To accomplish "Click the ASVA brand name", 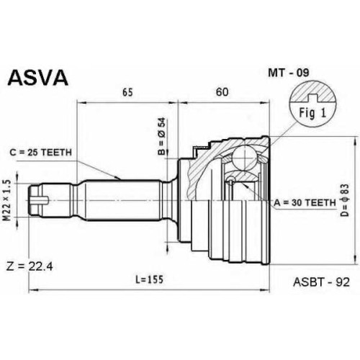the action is (x=38, y=78).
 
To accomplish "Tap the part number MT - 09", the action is (x=289, y=73).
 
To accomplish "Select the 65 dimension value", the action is (x=127, y=92).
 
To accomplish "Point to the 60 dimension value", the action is (x=222, y=92).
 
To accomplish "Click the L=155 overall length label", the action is (x=149, y=279).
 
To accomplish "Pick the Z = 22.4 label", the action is (x=30, y=266).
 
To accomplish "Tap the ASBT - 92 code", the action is (x=321, y=282).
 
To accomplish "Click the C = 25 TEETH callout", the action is (x=40, y=152).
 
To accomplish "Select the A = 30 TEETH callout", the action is (x=305, y=203).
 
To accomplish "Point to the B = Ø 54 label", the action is (x=162, y=136).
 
